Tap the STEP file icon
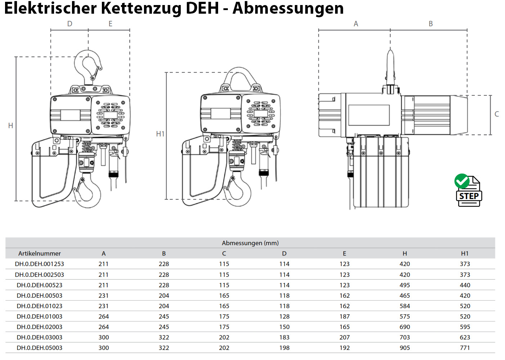tap(468, 191)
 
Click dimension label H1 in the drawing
tap(160, 134)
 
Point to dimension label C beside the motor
tap(497, 114)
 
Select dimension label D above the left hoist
tap(70, 24)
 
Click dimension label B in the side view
tap(430, 24)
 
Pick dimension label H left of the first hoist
tap(10, 126)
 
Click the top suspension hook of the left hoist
tap(88, 67)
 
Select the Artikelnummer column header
tap(40, 253)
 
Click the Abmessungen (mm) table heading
tap(250, 243)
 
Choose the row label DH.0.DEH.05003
tap(40, 348)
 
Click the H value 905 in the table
tap(405, 348)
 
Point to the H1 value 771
tap(465, 348)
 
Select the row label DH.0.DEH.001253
tap(40, 264)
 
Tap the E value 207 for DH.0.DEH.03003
tap(344, 337)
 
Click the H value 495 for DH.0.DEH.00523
tap(405, 285)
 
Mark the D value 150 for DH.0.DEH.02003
tap(284, 327)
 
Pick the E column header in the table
tap(344, 253)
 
